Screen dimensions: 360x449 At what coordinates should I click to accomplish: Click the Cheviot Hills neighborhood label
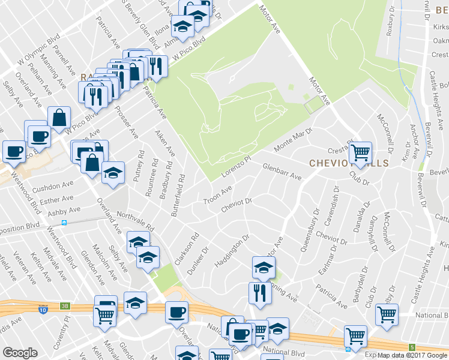point(349,163)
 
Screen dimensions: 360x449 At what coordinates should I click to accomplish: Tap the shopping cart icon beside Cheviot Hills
point(360,153)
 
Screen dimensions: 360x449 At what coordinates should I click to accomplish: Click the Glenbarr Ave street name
point(282,172)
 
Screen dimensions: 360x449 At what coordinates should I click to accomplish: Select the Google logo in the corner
point(20,353)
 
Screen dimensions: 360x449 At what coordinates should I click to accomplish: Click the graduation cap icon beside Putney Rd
point(113,173)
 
